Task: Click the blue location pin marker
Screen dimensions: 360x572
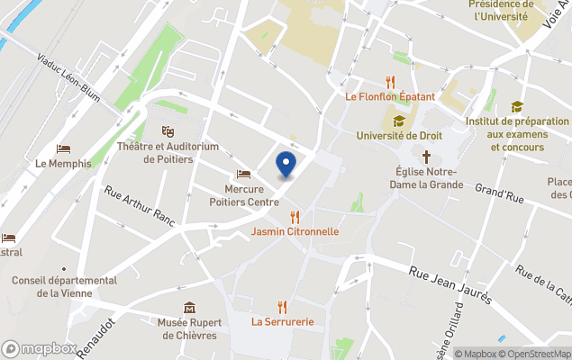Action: click(286, 164)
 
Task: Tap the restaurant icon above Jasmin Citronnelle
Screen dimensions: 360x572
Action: click(295, 216)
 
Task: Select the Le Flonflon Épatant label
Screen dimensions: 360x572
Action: click(389, 96)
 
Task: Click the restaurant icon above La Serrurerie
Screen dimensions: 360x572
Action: click(283, 306)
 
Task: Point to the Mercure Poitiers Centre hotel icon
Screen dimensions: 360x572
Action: click(243, 174)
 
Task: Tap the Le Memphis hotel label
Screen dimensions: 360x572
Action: click(63, 164)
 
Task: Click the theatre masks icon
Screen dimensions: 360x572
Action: click(167, 131)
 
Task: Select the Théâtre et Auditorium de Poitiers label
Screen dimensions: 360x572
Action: click(168, 153)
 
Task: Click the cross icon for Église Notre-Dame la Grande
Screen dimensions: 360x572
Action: click(427, 156)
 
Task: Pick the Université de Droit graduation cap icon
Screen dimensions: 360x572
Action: click(398, 121)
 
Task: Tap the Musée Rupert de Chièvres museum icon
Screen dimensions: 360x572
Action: click(188, 309)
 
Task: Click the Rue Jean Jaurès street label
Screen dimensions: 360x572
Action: click(449, 283)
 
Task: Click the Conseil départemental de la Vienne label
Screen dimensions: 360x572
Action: click(64, 286)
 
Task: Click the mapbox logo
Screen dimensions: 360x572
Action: click(39, 348)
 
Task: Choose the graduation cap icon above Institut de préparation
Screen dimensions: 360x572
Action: click(516, 107)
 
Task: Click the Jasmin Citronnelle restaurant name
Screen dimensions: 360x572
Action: click(295, 231)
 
